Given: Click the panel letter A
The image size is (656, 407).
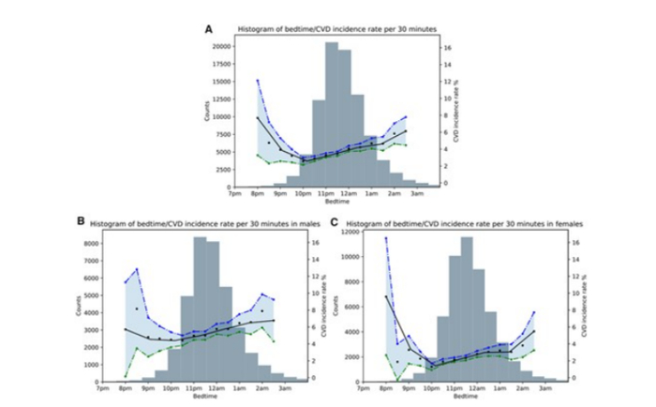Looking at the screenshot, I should pyautogui.click(x=209, y=30).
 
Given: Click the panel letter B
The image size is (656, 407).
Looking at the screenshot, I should pyautogui.click(x=82, y=222).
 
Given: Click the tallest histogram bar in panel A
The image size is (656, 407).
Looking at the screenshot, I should pyautogui.click(x=332, y=113).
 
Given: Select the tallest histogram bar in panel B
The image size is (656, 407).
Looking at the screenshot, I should pyautogui.click(x=200, y=309).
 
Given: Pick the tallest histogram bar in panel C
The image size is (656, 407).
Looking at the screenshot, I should pyautogui.click(x=466, y=309).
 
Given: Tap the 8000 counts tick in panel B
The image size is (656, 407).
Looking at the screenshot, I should pyautogui.click(x=91, y=243).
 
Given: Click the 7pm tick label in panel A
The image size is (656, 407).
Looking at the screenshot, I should pyautogui.click(x=231, y=192).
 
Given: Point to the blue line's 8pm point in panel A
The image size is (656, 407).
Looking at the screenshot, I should pyautogui.click(x=258, y=81).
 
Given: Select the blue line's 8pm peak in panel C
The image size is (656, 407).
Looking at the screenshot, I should pyautogui.click(x=385, y=238).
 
